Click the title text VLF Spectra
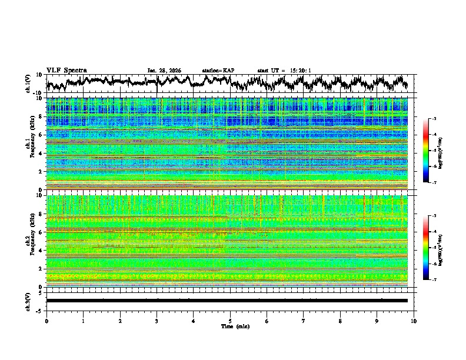click(x=66, y=70)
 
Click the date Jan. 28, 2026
click(x=164, y=71)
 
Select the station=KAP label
click(x=218, y=71)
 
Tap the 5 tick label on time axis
click(x=230, y=321)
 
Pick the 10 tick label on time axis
click(x=414, y=321)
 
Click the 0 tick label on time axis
click(x=46, y=321)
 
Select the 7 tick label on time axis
click(x=304, y=321)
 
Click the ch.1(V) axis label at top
click(x=28, y=84)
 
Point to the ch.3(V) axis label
click(x=28, y=301)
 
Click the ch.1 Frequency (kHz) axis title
click(x=31, y=144)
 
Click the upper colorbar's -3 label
click(x=433, y=119)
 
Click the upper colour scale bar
click(x=426, y=151)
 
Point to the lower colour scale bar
click(x=426, y=248)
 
